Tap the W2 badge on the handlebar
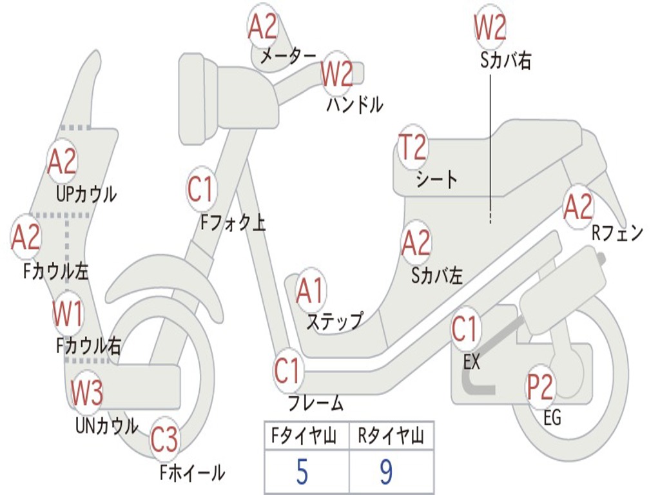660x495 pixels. [337, 73]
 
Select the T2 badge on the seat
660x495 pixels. [412, 148]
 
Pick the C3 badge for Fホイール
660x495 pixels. [164, 440]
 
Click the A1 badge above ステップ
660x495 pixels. [311, 292]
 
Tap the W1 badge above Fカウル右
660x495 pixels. [68, 315]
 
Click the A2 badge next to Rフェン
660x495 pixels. [577, 207]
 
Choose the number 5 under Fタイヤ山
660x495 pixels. [302, 472]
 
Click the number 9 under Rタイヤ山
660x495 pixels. [386, 472]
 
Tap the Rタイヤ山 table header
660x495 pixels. [391, 437]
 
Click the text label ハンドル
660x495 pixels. [354, 104]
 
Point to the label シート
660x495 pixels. [436, 179]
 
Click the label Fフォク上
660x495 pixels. [233, 223]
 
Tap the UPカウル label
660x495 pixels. [86, 193]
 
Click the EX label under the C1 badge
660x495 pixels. [472, 362]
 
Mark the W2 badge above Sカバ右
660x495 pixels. [490, 28]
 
